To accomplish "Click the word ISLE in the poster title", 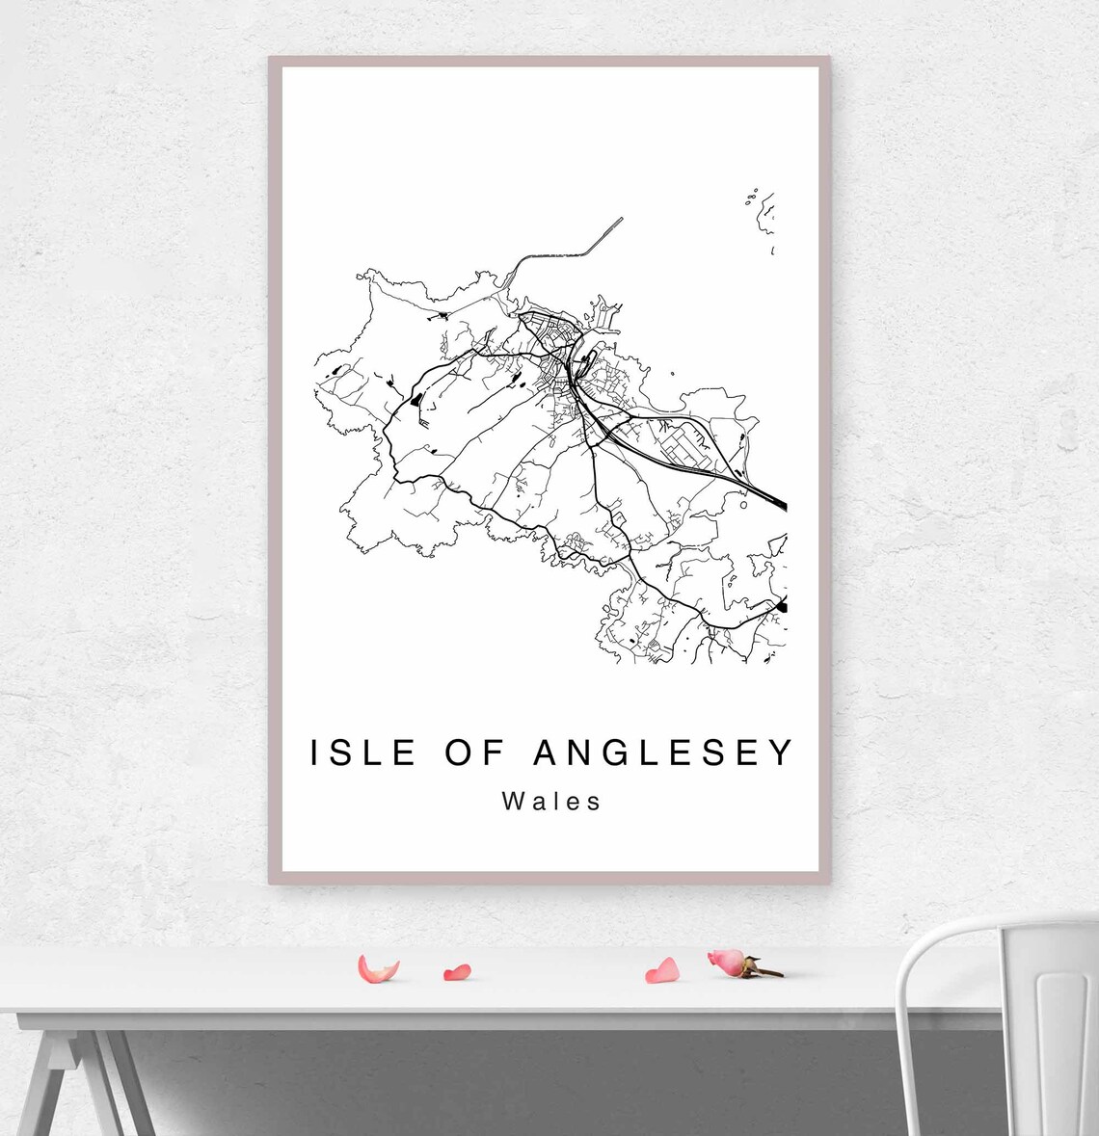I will point(363,753).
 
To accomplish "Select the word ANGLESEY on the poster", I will point(663,753).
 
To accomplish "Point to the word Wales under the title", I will point(551,802).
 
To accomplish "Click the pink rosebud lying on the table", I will point(728,961).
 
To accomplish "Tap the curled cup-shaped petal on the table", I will point(377,968).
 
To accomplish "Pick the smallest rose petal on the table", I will point(457,973).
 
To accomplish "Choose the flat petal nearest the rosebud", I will point(662,971).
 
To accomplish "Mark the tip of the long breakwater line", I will point(622,219).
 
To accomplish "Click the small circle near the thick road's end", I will point(742,503).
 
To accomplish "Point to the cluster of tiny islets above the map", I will point(751,198).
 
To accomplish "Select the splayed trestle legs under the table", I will point(82,1079).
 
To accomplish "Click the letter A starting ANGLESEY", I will point(546,753).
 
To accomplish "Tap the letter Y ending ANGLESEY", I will point(782,753).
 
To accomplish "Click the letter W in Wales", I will point(513,802).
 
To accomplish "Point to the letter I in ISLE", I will point(315,753).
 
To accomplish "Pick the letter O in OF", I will point(459,753).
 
